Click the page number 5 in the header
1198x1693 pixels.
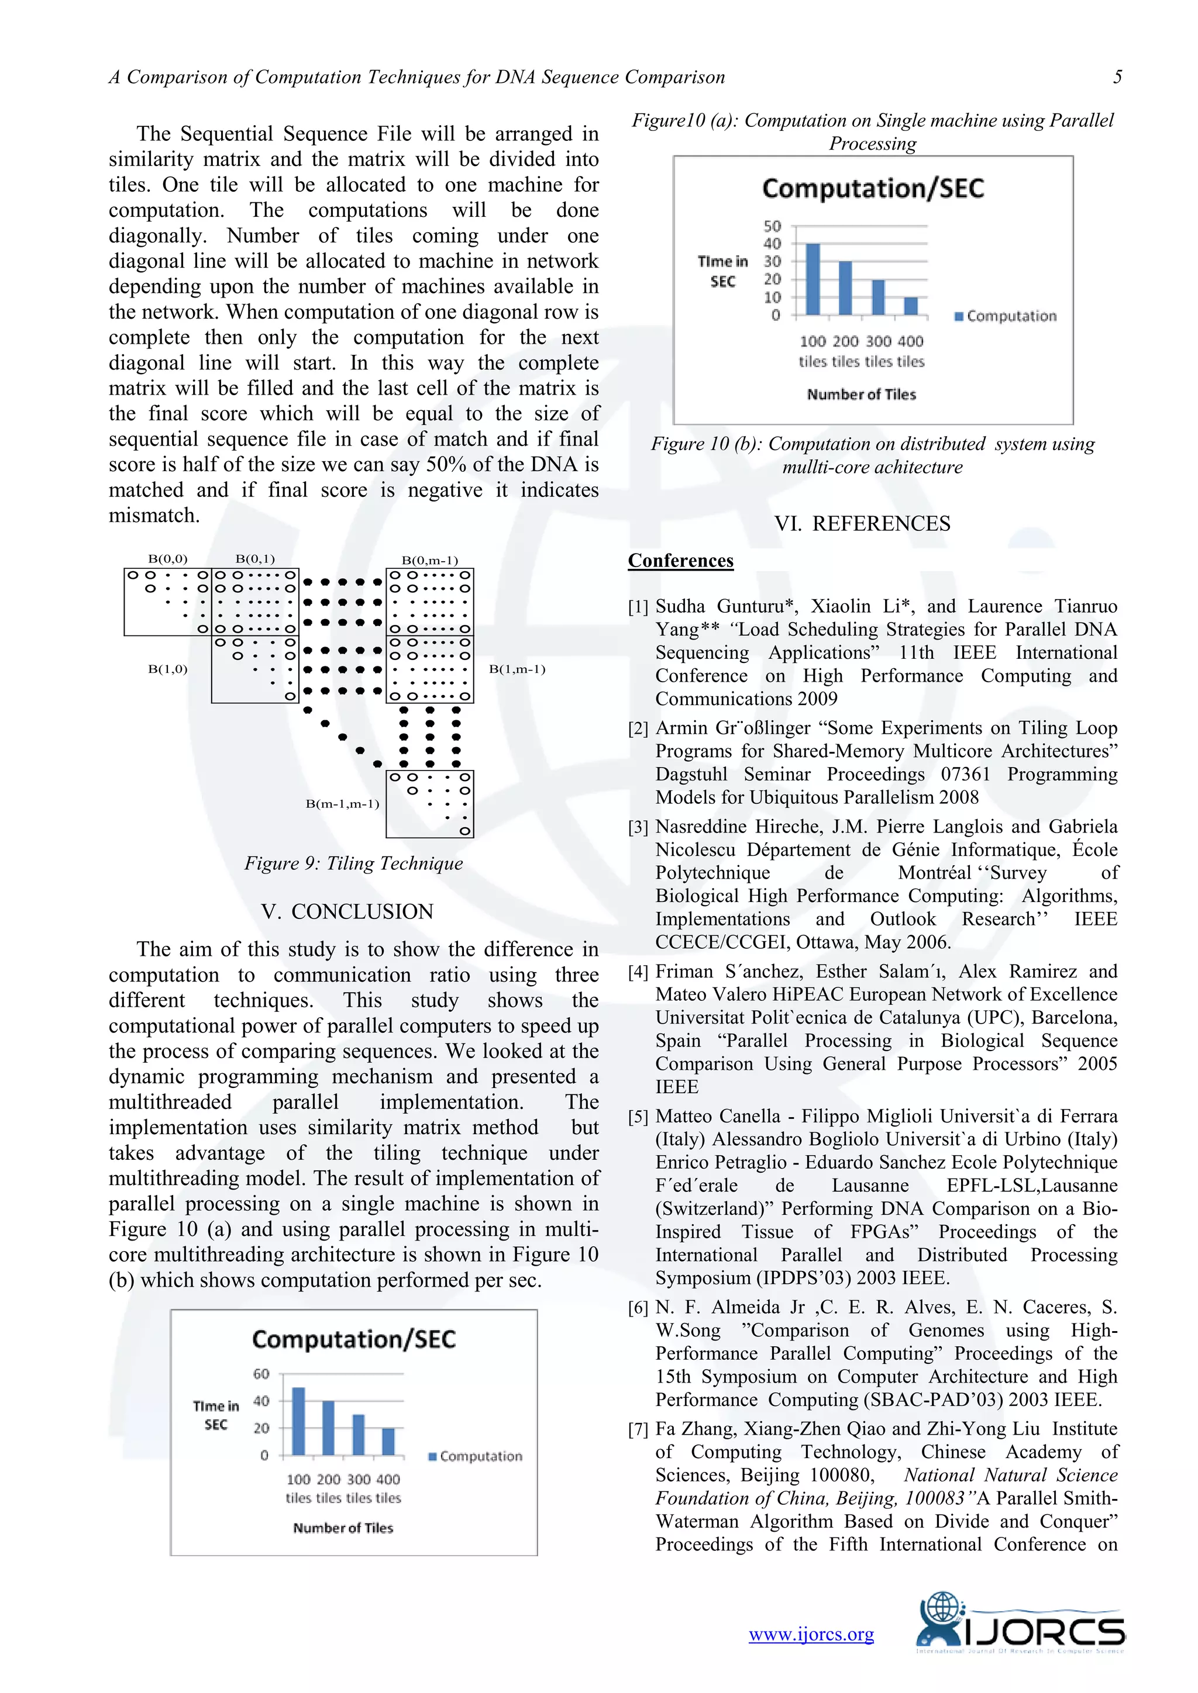pos(1117,77)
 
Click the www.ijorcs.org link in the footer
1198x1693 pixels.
pos(811,1634)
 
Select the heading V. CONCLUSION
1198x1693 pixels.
pos(347,911)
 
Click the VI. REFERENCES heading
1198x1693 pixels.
pos(862,524)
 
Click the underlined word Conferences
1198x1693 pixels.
pos(680,561)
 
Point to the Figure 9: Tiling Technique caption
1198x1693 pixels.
pos(353,863)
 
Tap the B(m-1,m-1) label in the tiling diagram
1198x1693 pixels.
pos(342,804)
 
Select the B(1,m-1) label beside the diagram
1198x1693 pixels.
pos(517,669)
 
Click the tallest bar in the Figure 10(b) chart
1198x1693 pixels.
pos(812,280)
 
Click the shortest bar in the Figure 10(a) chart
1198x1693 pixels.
pos(388,1442)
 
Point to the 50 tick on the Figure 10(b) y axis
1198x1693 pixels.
pos(772,226)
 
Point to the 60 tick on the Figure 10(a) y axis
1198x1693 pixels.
pos(261,1374)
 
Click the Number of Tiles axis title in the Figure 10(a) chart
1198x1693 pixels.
pos(343,1528)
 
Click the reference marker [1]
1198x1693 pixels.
pos(638,607)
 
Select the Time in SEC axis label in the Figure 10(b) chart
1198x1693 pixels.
pos(722,271)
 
